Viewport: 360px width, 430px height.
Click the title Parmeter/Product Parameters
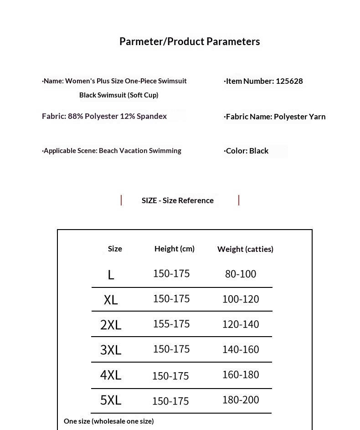point(190,41)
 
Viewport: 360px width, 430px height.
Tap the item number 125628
point(289,81)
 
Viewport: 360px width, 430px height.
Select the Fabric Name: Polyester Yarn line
point(275,117)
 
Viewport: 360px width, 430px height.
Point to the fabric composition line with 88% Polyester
point(104,116)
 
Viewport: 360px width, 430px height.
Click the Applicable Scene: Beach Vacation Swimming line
point(112,151)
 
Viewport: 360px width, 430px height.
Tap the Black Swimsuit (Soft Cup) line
point(119,95)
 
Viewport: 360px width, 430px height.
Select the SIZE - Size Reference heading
point(178,200)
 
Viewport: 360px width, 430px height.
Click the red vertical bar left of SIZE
point(121,200)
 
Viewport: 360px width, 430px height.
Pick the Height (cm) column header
point(175,249)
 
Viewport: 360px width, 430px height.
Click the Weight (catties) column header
point(245,249)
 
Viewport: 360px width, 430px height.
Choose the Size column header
point(115,249)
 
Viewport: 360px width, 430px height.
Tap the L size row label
point(111,275)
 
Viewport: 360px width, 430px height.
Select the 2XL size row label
point(111,325)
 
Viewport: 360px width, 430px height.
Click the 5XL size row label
point(111,400)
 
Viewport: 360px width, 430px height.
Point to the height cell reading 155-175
point(171,324)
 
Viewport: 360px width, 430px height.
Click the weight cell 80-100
point(241,274)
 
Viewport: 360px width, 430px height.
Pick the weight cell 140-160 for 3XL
point(241,349)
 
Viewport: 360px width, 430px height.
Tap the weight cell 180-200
point(241,399)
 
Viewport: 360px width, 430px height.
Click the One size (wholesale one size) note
point(109,421)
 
